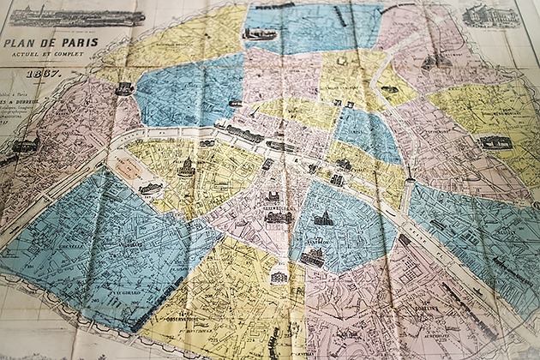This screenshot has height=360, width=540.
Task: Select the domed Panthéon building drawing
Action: [x=322, y=220]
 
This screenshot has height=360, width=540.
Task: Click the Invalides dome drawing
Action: [x=185, y=166]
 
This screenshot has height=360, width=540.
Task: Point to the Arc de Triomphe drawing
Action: [x=125, y=87]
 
